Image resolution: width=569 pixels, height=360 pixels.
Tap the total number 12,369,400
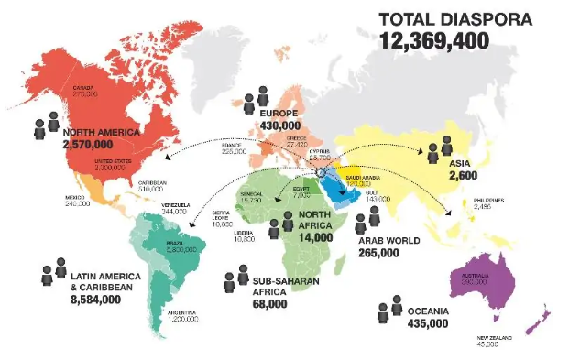435,39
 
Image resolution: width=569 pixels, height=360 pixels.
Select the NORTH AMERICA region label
102,132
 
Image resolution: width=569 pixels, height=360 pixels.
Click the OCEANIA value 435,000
426,323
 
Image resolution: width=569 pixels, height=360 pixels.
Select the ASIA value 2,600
463,175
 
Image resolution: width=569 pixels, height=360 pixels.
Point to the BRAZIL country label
176,245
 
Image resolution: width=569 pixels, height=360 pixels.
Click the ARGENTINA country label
182,312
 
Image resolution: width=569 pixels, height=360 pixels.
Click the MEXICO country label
76,195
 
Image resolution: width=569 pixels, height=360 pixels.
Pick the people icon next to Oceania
389,311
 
